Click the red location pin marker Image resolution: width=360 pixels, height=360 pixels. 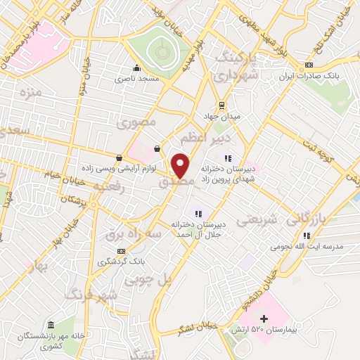coord(181,165)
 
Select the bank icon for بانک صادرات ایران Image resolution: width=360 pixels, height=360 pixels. coord(309,66)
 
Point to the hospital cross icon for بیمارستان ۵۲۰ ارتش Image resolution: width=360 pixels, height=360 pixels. coord(264,319)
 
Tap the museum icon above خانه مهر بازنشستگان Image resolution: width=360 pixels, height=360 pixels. coord(51,326)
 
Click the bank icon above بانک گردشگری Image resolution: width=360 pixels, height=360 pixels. coord(122,250)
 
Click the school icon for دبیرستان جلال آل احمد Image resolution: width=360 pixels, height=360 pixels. coord(198,213)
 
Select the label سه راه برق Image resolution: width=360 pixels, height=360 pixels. coord(135,231)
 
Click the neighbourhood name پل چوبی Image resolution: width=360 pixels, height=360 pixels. coord(148,279)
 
